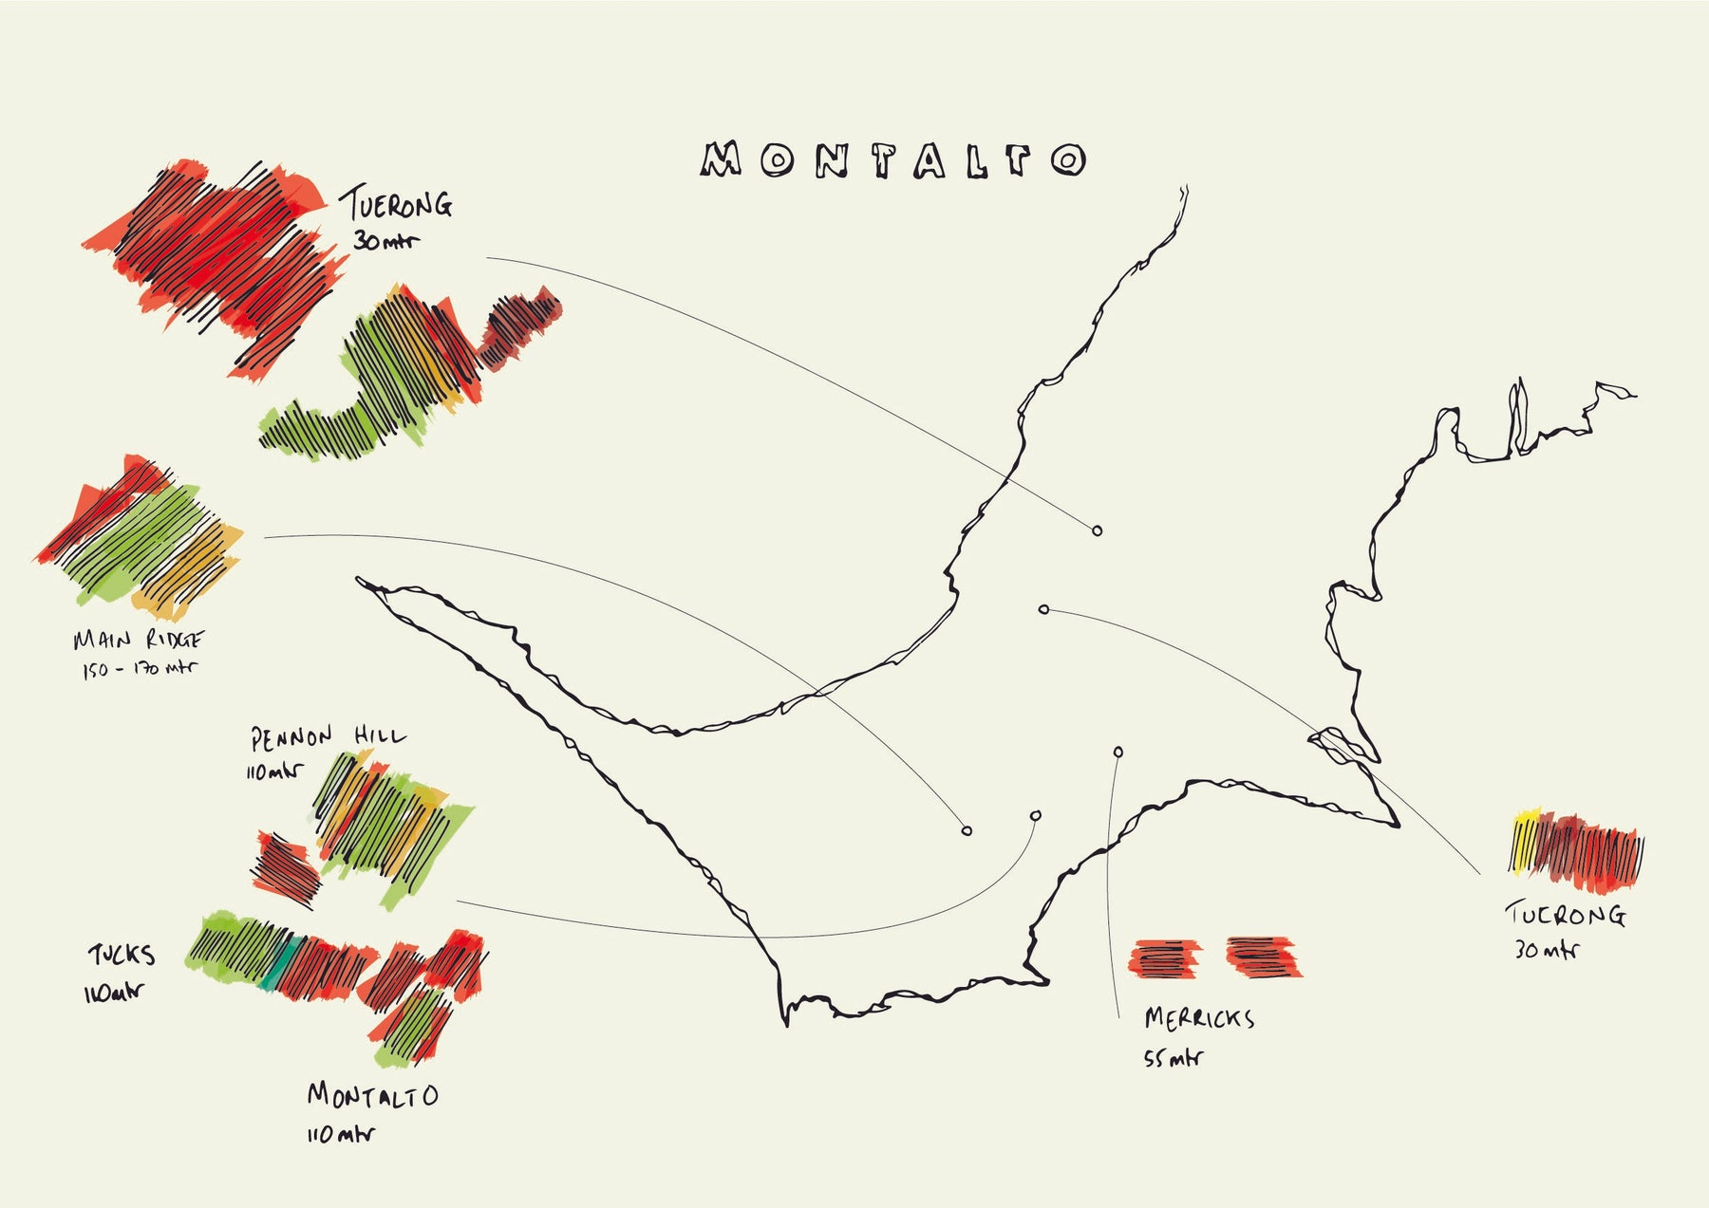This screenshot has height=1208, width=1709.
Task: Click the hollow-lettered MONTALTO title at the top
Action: (x=892, y=161)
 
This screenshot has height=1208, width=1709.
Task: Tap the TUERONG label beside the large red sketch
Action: (x=399, y=204)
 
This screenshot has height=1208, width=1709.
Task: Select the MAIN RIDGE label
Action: (x=139, y=641)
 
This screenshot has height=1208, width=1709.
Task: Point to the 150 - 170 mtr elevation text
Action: (x=139, y=669)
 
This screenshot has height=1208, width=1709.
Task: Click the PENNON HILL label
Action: (x=328, y=737)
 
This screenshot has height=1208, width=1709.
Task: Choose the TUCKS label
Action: (x=122, y=955)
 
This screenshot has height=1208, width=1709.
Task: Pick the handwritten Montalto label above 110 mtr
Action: (x=372, y=1096)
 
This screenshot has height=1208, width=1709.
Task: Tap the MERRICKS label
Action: (x=1199, y=1019)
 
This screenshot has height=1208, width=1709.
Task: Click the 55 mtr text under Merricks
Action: (x=1173, y=1057)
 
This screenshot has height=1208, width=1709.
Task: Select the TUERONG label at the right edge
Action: (x=1566, y=914)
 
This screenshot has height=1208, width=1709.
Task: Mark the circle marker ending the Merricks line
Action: (x=1118, y=753)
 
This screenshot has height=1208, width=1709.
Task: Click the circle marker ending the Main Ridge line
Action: (x=967, y=831)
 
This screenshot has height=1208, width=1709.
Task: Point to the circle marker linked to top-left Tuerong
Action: (x=1098, y=530)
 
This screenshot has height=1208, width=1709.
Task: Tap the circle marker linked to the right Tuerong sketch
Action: (x=1043, y=609)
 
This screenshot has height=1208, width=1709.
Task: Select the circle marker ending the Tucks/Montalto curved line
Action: (x=1035, y=815)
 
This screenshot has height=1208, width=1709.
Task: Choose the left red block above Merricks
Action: (x=1164, y=957)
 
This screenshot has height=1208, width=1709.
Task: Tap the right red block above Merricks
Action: (x=1264, y=956)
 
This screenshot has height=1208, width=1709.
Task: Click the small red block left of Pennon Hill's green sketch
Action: (x=286, y=864)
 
